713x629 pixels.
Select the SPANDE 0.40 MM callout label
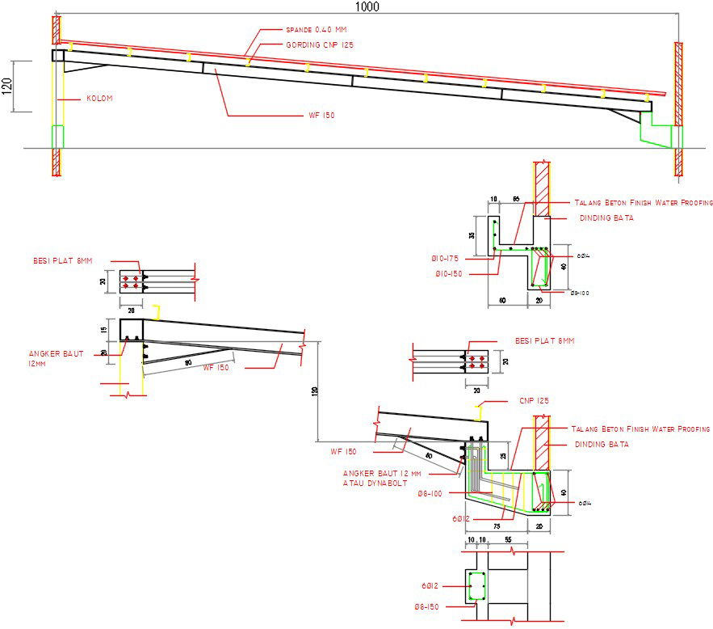(x=309, y=30)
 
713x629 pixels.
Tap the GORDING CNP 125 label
(x=319, y=44)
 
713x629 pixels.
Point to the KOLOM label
(x=100, y=99)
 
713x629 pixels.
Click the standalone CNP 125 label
(x=533, y=401)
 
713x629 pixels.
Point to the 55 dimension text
(x=508, y=539)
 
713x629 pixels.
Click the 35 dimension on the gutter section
(x=482, y=235)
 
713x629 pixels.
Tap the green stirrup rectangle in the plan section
(x=476, y=585)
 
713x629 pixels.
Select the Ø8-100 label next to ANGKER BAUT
(x=431, y=493)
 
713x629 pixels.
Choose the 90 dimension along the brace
(x=187, y=363)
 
